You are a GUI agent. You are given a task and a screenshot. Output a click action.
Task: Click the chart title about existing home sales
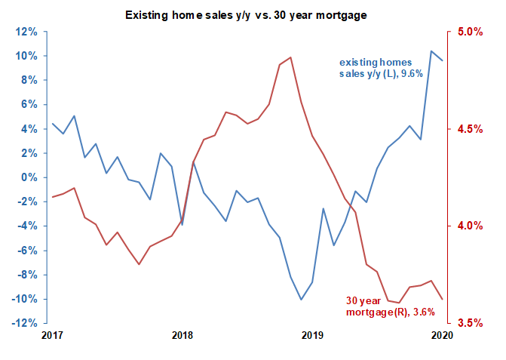(253, 15)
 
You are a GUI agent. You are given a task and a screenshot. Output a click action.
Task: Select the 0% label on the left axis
(28, 177)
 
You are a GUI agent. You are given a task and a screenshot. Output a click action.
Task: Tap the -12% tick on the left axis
(24, 323)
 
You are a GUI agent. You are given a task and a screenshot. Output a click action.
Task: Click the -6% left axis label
(26, 251)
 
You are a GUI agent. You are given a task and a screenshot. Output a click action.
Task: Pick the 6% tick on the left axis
(28, 105)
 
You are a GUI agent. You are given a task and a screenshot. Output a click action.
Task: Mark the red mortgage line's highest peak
(291, 57)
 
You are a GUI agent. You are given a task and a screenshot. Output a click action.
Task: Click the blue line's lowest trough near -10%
(302, 300)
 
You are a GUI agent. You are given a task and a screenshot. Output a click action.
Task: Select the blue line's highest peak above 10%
(431, 51)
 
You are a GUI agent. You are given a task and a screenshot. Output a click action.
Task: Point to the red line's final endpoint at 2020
(442, 300)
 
